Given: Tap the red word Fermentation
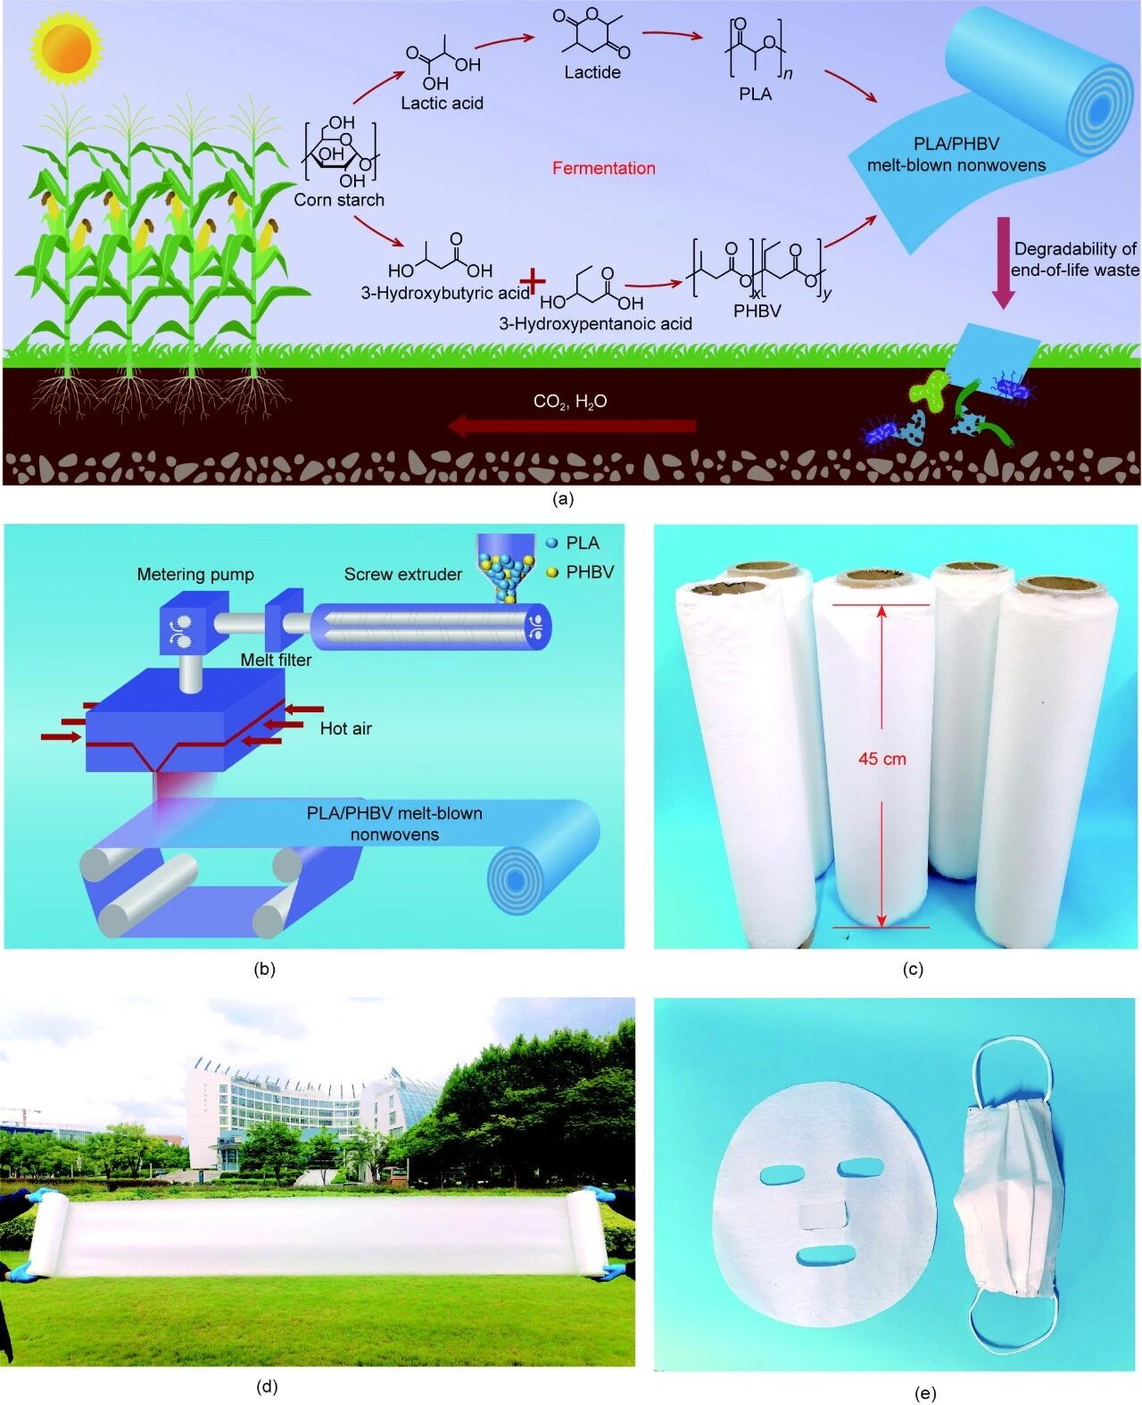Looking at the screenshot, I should click(603, 168).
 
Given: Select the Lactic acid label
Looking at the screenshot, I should click(442, 104).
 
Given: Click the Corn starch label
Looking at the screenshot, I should click(339, 200).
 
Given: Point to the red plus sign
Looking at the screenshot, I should click(533, 281).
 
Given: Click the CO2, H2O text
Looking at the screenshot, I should click(570, 402).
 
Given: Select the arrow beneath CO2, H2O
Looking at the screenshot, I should click(571, 426).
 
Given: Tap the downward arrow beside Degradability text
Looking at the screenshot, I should click(1003, 262).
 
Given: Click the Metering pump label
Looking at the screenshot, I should click(195, 575).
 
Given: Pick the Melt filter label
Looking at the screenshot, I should click(276, 660).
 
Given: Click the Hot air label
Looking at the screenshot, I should click(345, 728).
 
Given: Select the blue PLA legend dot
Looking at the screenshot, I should click(551, 543).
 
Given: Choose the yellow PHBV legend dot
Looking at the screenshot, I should click(551, 572).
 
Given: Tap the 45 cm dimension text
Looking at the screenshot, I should click(881, 759).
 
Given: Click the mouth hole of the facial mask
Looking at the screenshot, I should click(827, 1257).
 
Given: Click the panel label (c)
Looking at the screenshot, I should click(912, 969).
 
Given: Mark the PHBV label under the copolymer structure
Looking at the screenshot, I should click(757, 311).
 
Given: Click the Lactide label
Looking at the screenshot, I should click(592, 72).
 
